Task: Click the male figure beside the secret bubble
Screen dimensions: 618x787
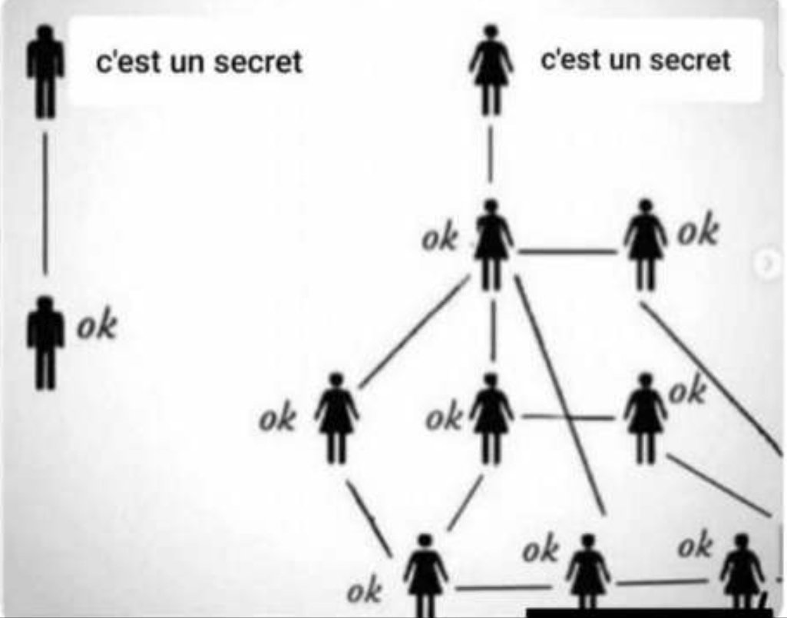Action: pos(45,71)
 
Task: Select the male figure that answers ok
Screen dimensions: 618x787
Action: pos(45,342)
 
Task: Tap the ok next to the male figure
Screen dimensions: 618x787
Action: pos(97,326)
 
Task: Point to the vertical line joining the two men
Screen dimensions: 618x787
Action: pos(45,204)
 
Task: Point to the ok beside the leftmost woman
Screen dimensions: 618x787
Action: pos(277,420)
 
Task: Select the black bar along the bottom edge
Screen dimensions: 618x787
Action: pos(649,613)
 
